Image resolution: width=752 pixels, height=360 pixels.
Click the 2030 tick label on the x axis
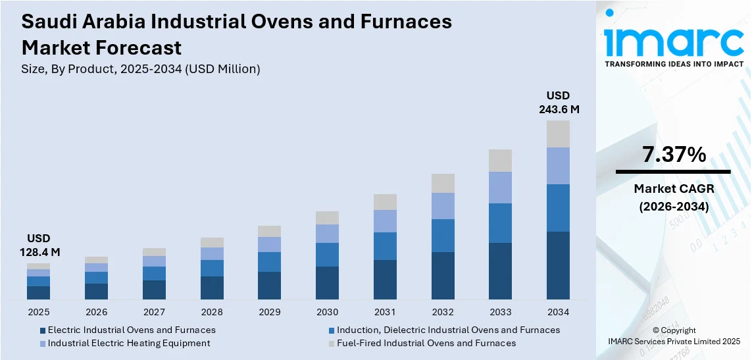coord(327,312)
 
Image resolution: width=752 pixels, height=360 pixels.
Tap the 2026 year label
coord(96,312)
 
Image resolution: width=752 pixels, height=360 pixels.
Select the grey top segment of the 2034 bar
coord(558,134)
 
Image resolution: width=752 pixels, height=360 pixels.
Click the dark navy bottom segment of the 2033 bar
coord(500,271)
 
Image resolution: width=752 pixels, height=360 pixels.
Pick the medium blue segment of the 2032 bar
coord(443,236)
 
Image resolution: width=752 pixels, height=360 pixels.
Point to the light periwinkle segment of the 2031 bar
coord(385,221)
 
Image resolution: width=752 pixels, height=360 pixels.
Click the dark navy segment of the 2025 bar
coord(39,293)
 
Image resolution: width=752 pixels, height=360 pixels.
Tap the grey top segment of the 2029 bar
coord(269,231)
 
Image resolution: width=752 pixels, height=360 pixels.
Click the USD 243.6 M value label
coord(559,103)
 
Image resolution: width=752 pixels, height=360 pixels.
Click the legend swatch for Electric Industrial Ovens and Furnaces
coord(43,330)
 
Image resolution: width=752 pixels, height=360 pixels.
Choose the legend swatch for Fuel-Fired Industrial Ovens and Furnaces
coord(332,344)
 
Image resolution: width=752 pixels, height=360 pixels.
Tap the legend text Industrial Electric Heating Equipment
coord(129,343)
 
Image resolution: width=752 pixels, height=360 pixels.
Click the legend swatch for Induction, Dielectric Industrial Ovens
coord(332,330)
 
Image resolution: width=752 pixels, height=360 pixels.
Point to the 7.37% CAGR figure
coord(674,155)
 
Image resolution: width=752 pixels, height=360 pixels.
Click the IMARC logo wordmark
coord(674,41)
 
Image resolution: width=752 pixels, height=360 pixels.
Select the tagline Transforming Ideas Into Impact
coord(674,64)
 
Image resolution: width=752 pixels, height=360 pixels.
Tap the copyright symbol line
coord(674,330)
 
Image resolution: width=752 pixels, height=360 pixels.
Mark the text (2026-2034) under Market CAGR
coord(674,207)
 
